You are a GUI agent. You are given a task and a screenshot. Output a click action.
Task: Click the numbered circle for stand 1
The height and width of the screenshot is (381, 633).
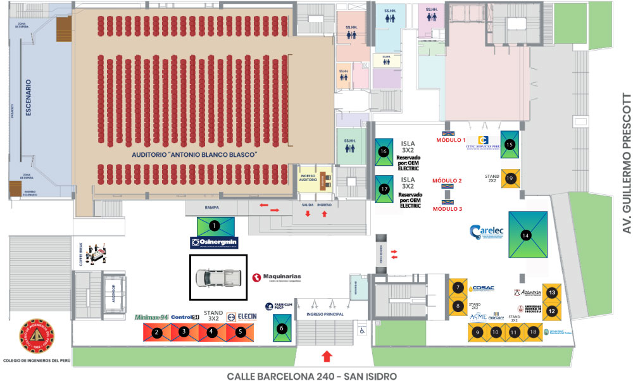(x=215, y=225)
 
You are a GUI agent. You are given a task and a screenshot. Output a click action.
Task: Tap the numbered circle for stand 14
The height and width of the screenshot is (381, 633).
(x=525, y=235)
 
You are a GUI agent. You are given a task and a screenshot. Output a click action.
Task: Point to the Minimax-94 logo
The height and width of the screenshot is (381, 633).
(x=151, y=316)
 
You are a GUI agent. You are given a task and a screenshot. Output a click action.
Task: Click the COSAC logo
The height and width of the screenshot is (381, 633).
(x=482, y=288)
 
